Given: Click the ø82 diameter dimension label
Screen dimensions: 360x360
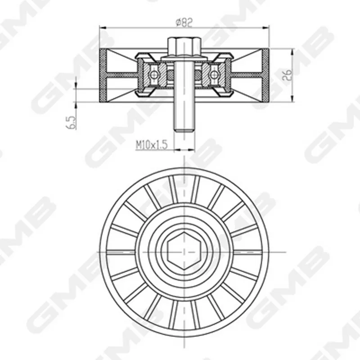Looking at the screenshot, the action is click(x=184, y=22).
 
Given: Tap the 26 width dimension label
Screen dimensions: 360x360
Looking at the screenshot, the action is click(x=287, y=75).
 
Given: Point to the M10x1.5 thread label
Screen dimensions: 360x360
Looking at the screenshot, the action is click(x=152, y=145).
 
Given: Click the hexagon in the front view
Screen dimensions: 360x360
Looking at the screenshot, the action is click(x=184, y=252).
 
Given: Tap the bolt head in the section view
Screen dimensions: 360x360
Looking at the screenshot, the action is click(x=184, y=46).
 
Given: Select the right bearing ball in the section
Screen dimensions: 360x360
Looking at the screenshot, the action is click(x=214, y=74).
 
